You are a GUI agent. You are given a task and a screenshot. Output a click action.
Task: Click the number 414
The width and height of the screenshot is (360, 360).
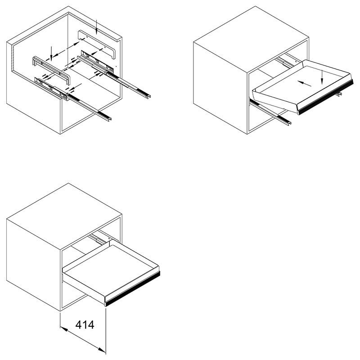pyautogui.click(x=85, y=324)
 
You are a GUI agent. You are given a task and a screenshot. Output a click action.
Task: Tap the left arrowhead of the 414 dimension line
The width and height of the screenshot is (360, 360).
pyautogui.click(x=63, y=329)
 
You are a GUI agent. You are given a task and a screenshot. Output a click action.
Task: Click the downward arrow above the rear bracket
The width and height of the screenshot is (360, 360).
pyautogui.click(x=97, y=27)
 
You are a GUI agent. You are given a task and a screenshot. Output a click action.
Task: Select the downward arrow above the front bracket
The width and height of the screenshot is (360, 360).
pyautogui.click(x=51, y=54)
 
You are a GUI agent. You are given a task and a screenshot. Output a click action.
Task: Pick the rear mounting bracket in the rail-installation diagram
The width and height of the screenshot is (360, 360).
pyautogui.click(x=96, y=44)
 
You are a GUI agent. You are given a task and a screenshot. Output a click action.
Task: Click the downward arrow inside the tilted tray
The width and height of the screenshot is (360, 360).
pyautogui.click(x=322, y=77)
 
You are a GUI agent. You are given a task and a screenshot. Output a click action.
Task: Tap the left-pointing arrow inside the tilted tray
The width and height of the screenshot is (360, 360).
pyautogui.click(x=304, y=83)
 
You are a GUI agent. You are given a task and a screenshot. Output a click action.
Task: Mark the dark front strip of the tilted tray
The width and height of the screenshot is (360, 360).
pyautogui.click(x=326, y=97)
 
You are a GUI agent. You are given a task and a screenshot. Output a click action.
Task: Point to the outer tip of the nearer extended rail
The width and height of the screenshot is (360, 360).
pyautogui.click(x=110, y=119)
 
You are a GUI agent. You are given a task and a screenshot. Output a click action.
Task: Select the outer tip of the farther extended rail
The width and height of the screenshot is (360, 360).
pyautogui.click(x=149, y=97)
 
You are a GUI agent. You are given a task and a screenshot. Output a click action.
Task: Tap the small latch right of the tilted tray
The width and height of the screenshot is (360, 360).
pyautogui.click(x=338, y=94)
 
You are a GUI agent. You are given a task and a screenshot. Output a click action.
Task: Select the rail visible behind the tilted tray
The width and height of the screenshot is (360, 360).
pyautogui.click(x=285, y=63)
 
